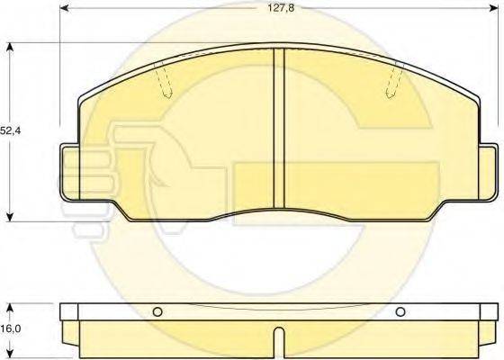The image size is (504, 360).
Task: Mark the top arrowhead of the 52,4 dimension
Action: [x=10, y=49]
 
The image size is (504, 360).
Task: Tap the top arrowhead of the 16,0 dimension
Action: [x=10, y=304]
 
